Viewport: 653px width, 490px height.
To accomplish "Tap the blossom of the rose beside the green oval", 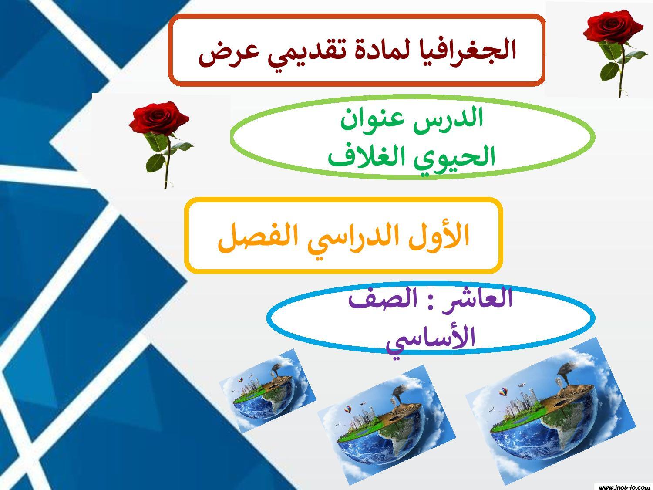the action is (x=158, y=118).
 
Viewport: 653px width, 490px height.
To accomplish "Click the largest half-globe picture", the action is (x=551, y=411).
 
